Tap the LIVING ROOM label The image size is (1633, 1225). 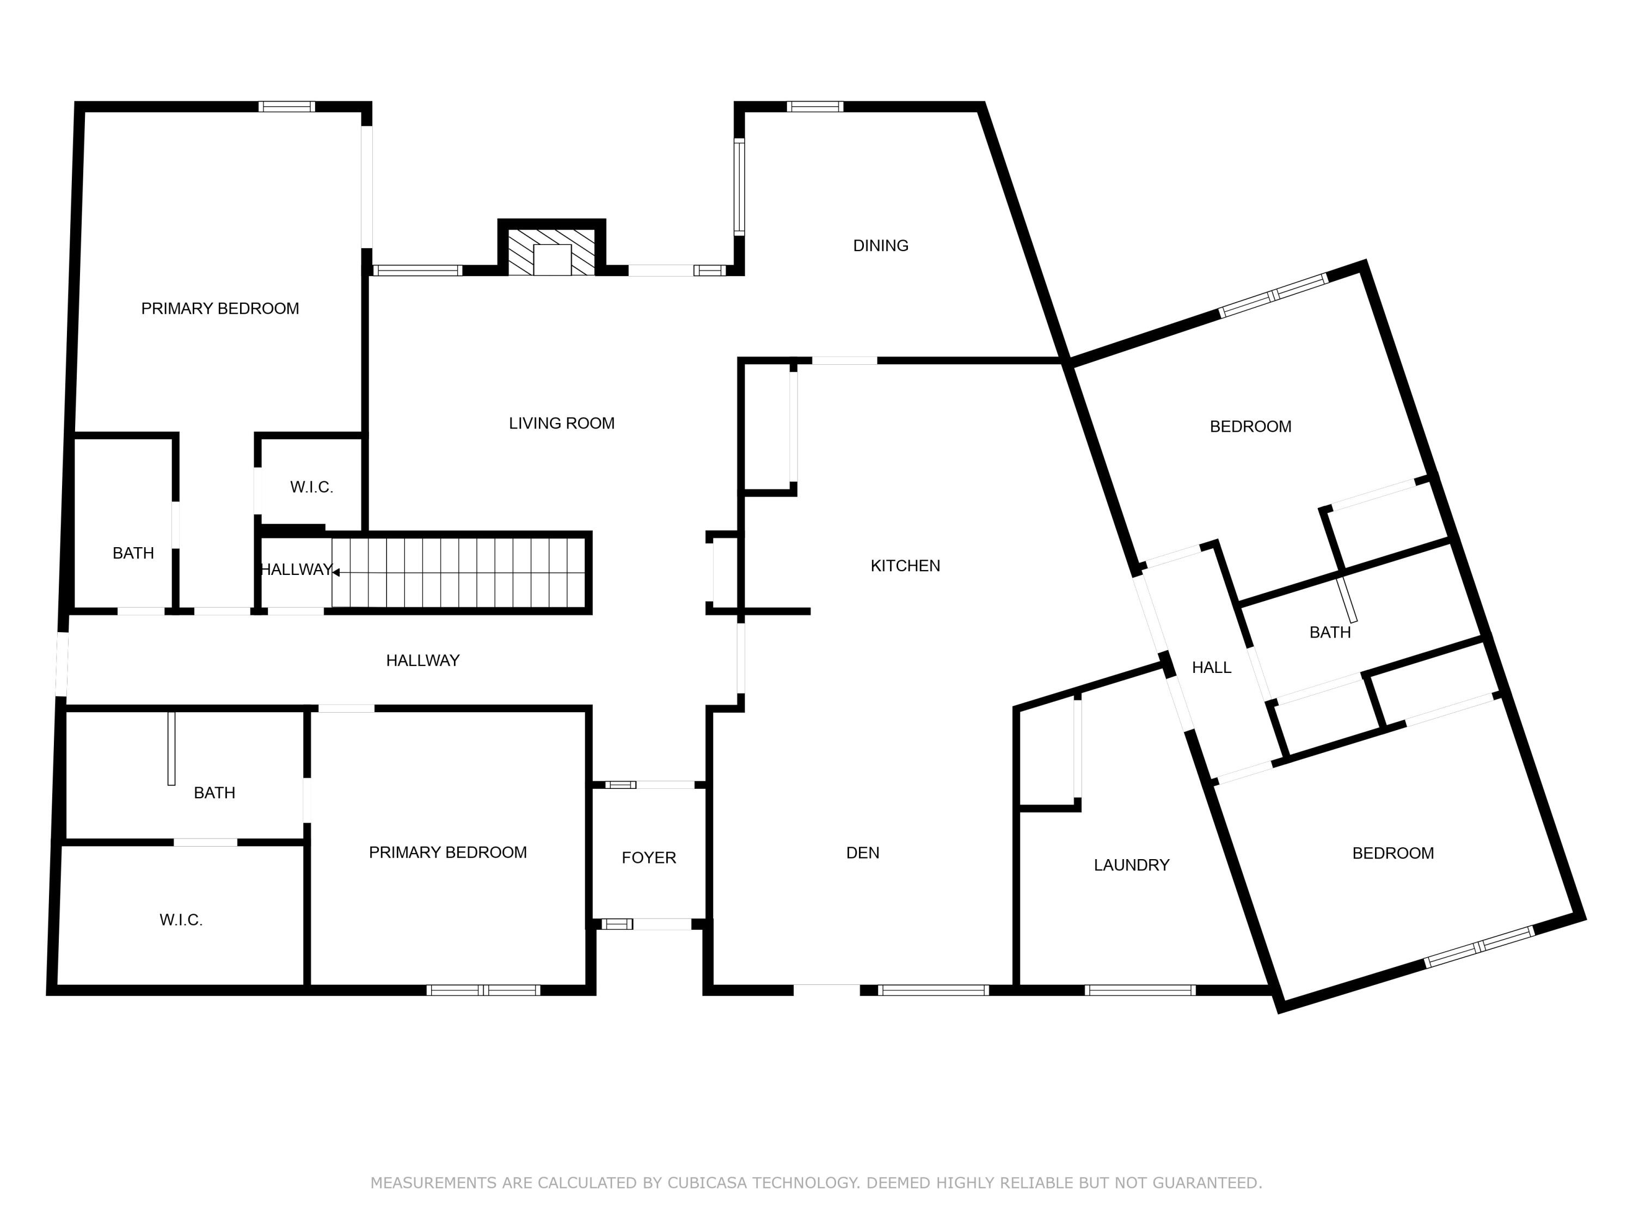coord(561,424)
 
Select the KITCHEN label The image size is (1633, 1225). coord(905,566)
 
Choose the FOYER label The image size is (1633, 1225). coord(648,858)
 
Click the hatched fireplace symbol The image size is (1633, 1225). coord(551,252)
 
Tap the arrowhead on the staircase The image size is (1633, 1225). coord(336,572)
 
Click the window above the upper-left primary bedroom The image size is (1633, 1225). coord(286,106)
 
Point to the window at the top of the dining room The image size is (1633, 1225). coord(814,106)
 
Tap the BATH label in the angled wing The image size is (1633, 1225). coord(1330,633)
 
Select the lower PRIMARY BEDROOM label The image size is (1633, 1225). coord(447,853)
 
